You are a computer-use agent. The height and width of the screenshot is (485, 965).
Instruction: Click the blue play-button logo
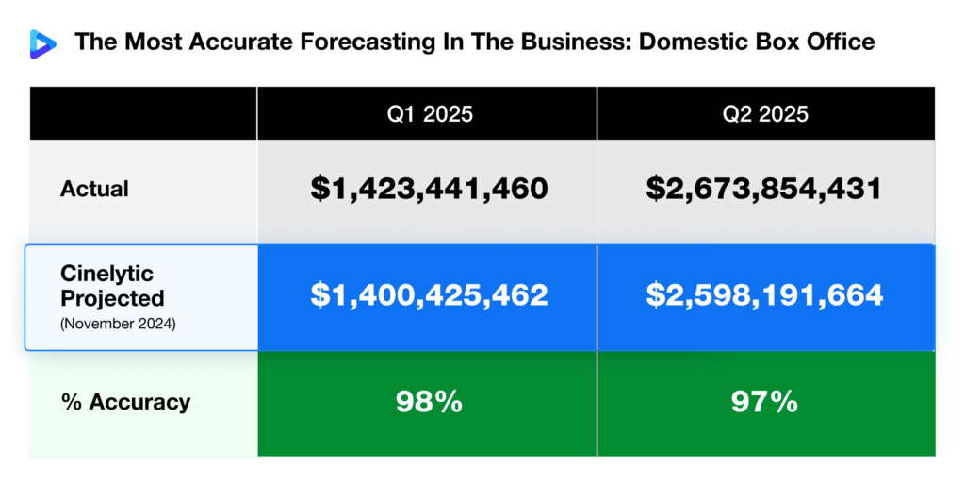[42, 42]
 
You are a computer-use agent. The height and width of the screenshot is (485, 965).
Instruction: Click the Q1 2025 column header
[427, 114]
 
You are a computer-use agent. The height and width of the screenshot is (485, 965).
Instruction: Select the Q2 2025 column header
[765, 114]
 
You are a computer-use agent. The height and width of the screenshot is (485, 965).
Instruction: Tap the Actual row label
[94, 189]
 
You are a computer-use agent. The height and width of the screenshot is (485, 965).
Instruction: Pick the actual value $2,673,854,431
[764, 189]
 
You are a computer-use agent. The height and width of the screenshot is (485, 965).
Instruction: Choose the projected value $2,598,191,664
[764, 295]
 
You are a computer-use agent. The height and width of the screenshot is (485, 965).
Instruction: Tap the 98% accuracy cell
[428, 402]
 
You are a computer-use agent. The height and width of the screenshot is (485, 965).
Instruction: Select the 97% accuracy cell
[764, 402]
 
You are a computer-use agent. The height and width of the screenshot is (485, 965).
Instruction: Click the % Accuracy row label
[125, 402]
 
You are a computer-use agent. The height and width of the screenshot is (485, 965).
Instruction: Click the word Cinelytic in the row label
[107, 275]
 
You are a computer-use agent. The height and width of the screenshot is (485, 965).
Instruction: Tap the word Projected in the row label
[113, 298]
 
